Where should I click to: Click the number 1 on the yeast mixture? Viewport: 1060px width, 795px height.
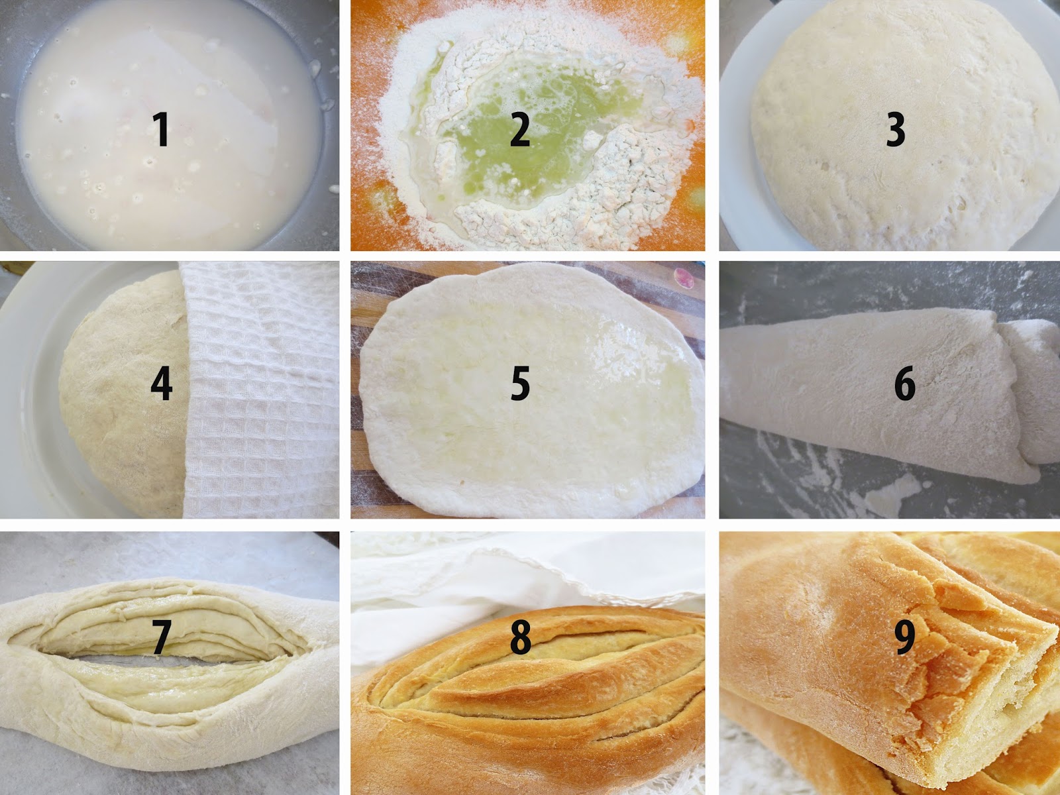pos(161,129)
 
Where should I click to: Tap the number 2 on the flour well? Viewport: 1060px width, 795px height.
pos(519,129)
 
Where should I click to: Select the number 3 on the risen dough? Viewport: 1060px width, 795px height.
pos(895,129)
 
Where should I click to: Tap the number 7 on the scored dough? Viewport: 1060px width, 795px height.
pos(161,637)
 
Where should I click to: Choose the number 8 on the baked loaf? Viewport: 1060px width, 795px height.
pos(521,637)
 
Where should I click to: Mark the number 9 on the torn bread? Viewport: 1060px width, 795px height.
pos(904,637)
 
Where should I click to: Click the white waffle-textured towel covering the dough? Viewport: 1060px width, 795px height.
pos(261,391)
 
